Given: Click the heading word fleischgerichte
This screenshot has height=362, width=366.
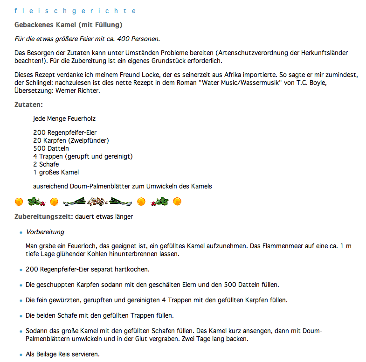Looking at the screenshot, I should point(75,11).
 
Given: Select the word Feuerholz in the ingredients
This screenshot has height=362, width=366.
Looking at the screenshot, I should point(80,119).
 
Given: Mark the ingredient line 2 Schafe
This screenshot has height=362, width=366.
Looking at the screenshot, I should point(46,164).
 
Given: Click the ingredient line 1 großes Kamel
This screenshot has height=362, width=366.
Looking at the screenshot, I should point(56,172).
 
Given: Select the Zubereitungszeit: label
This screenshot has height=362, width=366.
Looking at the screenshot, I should point(44,216).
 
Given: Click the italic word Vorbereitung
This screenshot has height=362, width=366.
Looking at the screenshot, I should point(45,232).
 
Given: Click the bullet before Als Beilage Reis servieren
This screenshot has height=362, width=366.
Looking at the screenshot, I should point(21,355).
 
